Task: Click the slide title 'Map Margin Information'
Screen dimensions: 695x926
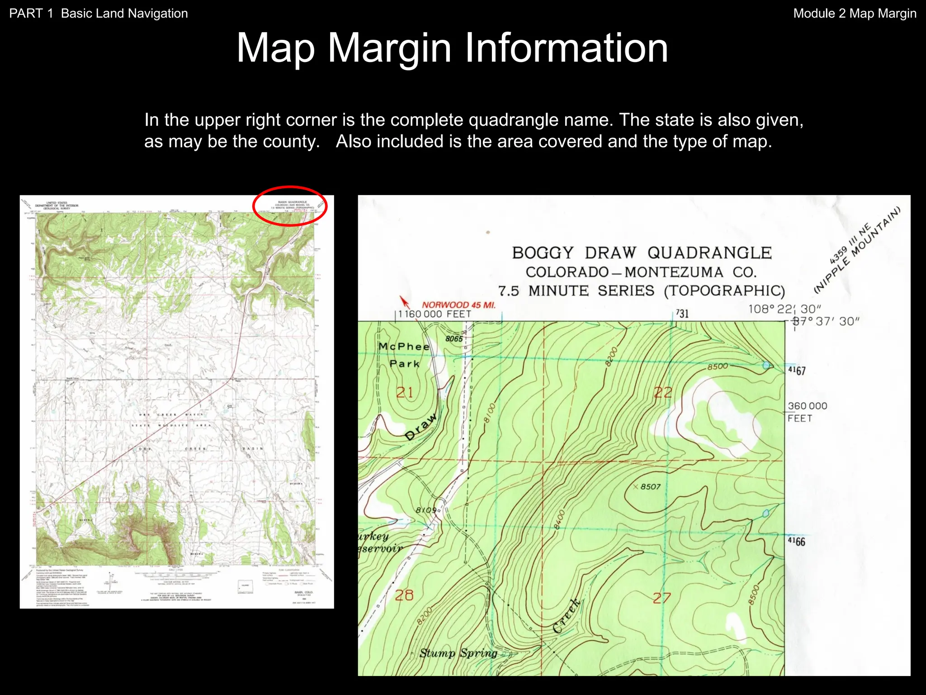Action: coord(452,48)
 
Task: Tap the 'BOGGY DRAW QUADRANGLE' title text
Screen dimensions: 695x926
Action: coord(642,253)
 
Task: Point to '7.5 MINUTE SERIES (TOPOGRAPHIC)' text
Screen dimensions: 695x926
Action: coord(642,290)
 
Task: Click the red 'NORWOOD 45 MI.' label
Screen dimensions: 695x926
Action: coord(458,305)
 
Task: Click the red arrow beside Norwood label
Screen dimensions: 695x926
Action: coord(404,302)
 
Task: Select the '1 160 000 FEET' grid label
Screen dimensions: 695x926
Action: coord(435,314)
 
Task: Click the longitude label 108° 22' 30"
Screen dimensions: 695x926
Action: coord(784,309)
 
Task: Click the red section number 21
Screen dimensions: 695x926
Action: coord(405,392)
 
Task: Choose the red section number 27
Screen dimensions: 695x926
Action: coord(661,598)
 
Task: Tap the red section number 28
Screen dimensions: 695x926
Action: coord(404,595)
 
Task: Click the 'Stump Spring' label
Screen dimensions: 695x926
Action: coord(458,653)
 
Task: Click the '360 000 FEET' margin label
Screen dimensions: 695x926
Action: coord(807,412)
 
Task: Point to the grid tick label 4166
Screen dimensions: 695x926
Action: coord(797,542)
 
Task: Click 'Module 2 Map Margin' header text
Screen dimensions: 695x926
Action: coord(855,14)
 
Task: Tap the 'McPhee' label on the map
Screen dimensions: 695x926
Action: coord(404,347)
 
